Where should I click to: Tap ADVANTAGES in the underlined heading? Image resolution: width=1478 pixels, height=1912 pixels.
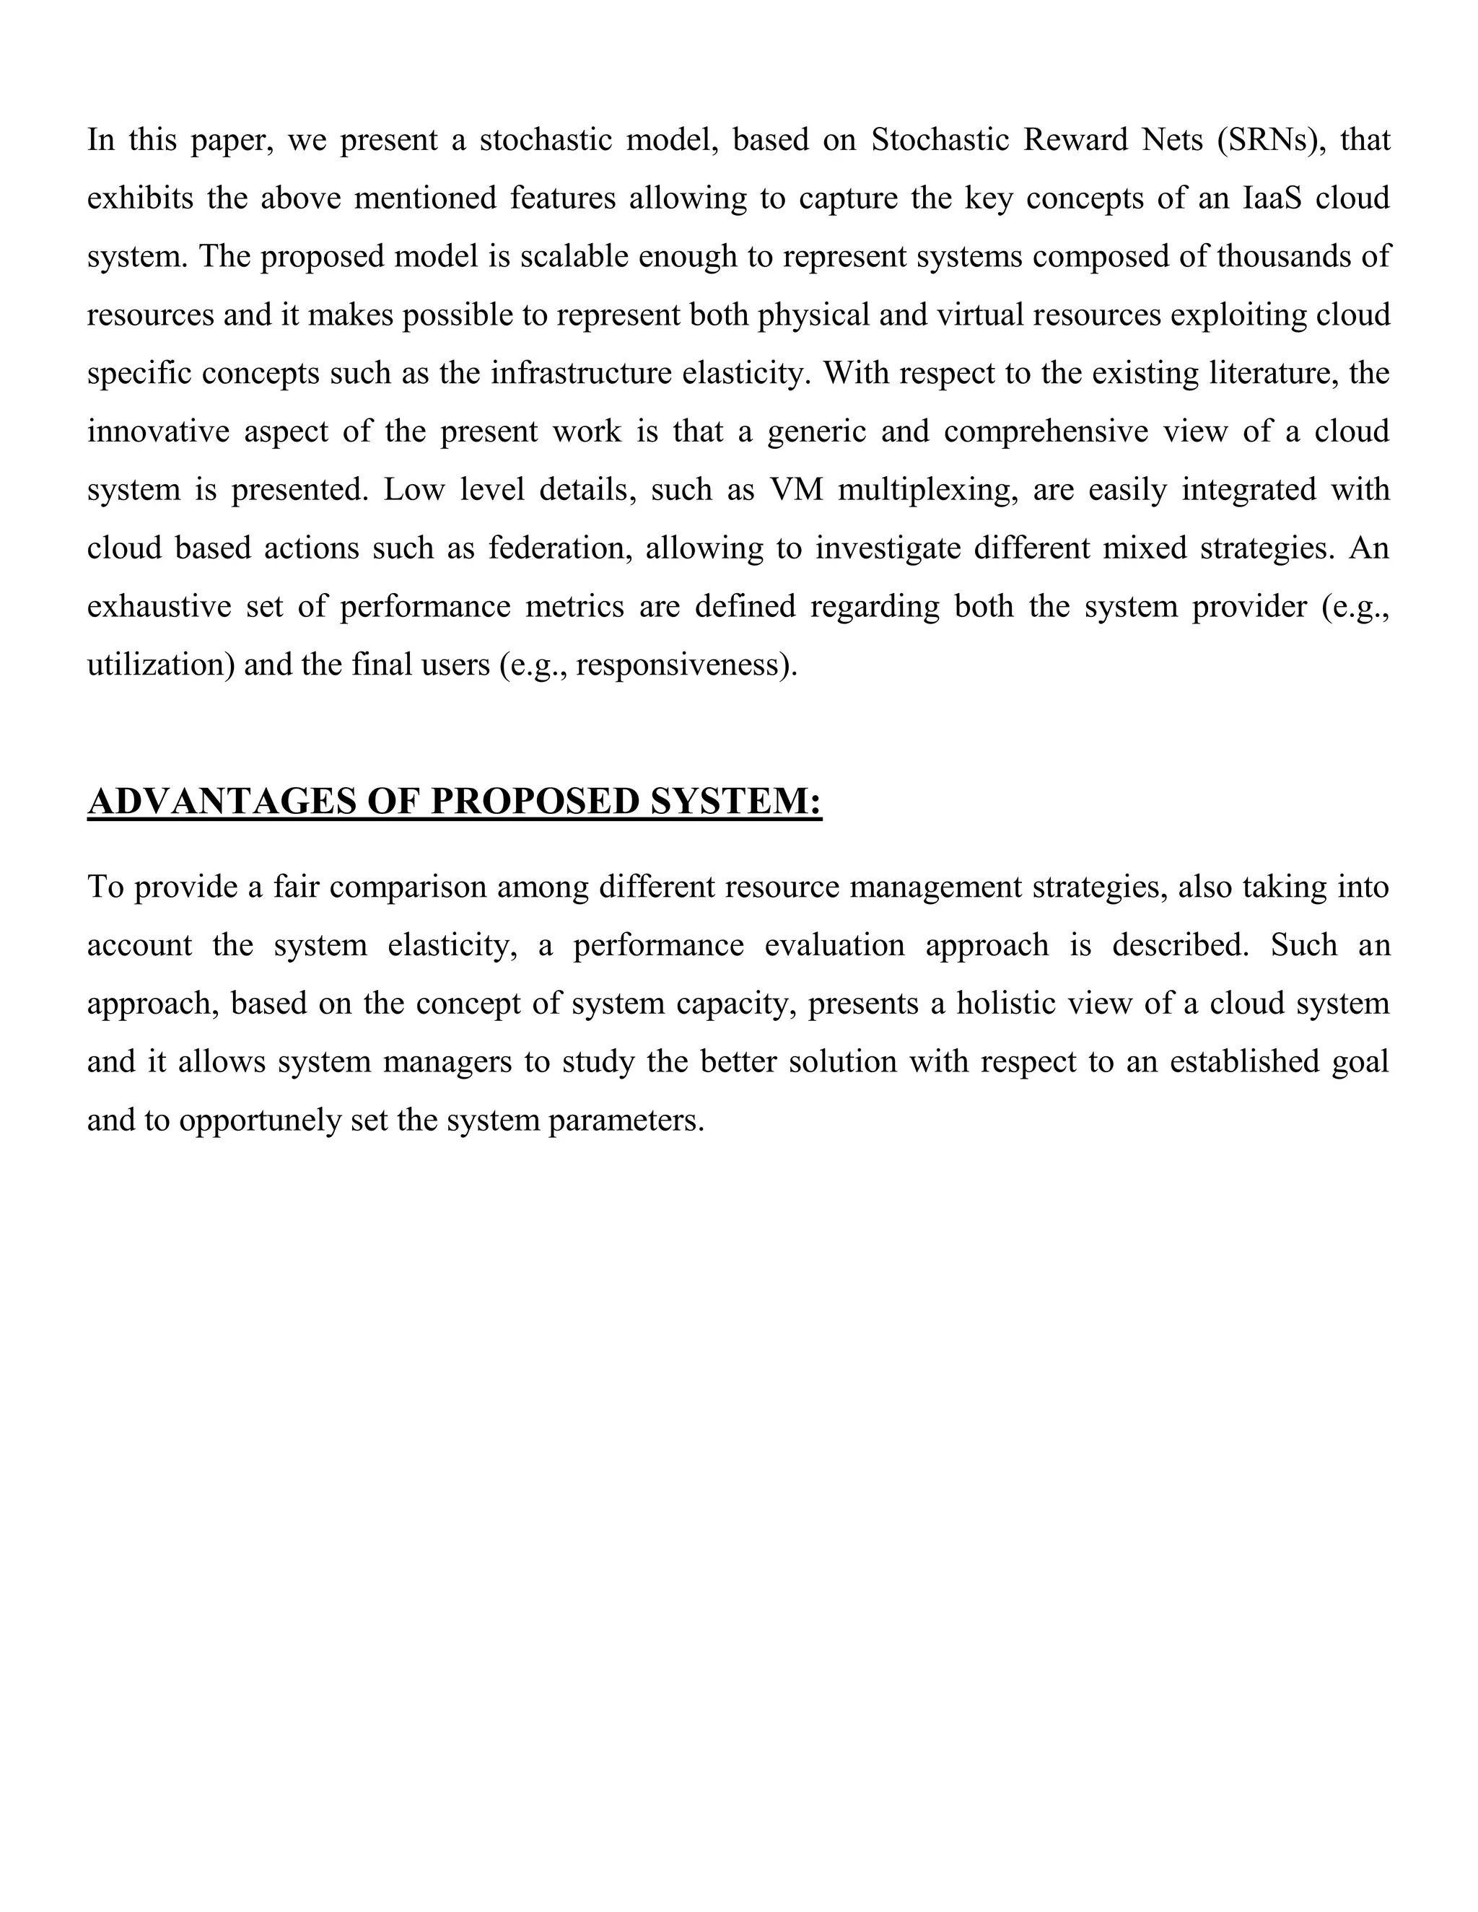(222, 801)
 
